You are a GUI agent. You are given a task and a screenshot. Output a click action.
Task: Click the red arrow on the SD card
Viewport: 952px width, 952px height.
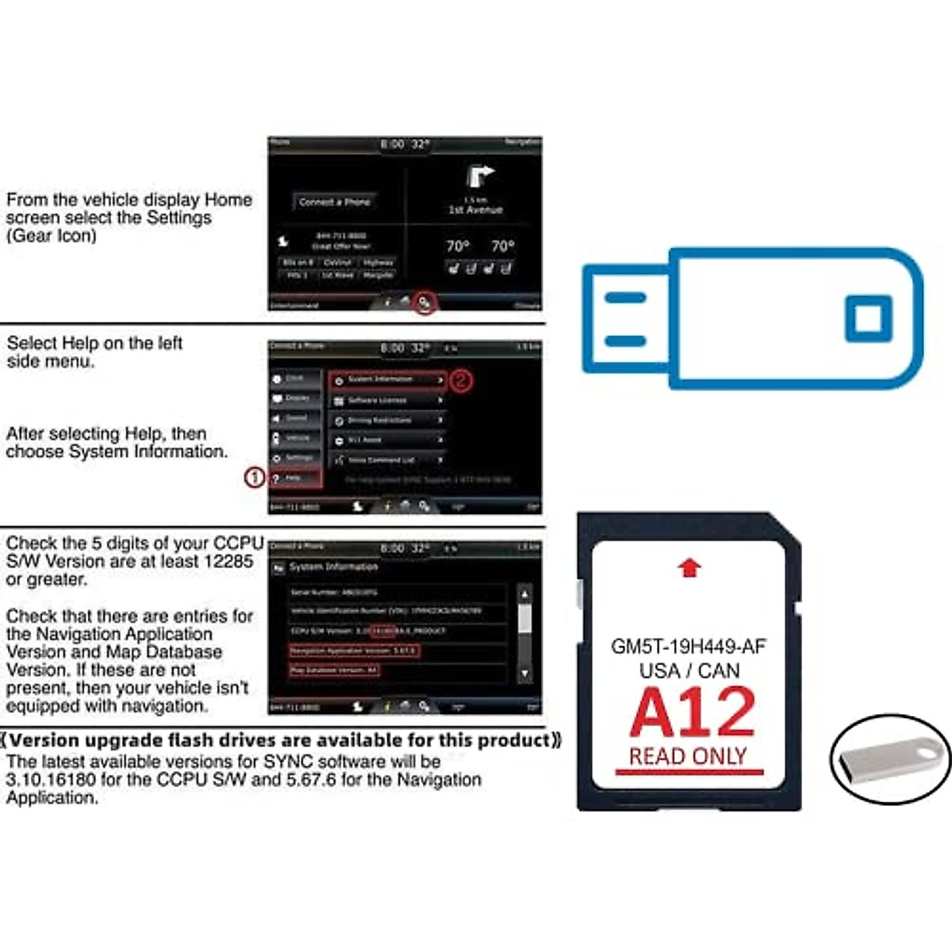point(690,567)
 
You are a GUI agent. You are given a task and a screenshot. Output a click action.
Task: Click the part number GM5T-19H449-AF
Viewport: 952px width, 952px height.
point(688,647)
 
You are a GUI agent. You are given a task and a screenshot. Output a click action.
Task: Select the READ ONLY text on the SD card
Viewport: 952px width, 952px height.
point(688,756)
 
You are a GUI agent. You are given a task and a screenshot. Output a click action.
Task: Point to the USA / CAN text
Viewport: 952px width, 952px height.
point(689,670)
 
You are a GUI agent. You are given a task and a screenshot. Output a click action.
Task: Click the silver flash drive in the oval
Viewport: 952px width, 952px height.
point(889,759)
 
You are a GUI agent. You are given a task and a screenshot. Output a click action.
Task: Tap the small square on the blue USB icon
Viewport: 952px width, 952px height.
point(869,318)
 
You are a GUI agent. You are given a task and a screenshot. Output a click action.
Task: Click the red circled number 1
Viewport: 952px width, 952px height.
point(254,478)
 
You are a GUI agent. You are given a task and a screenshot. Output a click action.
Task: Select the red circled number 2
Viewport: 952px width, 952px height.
point(461,381)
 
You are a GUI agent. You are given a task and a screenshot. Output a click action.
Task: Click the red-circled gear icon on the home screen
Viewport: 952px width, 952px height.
point(424,301)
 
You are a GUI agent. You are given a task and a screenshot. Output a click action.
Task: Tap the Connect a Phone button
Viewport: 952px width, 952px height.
point(335,202)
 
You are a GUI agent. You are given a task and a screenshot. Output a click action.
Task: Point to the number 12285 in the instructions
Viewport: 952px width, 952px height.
point(227,562)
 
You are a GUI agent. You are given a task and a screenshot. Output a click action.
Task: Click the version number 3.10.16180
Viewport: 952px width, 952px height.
point(51,780)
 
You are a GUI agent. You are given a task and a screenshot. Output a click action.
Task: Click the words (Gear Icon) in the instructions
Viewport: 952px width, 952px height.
point(52,236)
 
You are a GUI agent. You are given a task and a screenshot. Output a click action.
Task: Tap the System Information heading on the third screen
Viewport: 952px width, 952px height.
point(334,567)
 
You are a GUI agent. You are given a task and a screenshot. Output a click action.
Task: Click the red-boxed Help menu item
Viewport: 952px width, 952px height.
point(295,478)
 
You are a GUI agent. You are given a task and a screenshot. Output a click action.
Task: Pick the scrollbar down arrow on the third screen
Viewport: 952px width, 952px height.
point(524,673)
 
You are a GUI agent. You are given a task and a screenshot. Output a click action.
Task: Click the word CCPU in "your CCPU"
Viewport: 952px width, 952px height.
point(238,543)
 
